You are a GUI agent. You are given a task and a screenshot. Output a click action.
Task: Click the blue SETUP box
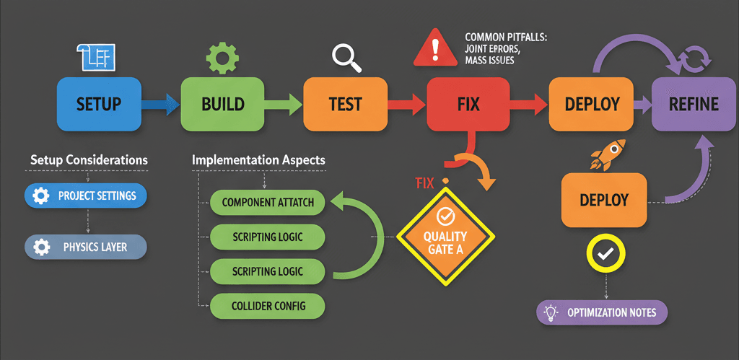click(98, 103)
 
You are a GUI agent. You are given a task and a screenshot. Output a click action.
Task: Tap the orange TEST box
click(345, 103)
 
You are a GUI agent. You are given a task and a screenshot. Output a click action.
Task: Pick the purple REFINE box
click(694, 103)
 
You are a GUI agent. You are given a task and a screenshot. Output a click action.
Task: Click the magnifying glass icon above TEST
click(346, 58)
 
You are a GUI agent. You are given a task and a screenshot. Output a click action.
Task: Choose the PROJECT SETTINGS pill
click(86, 196)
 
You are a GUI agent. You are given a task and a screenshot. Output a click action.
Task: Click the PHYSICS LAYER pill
click(86, 247)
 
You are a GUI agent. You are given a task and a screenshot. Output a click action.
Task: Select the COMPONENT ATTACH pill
click(268, 203)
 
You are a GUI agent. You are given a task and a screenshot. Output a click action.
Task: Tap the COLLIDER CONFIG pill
click(268, 306)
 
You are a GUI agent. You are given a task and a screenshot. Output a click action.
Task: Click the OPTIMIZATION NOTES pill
click(602, 312)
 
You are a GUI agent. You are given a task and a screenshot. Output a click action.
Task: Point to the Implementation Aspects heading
click(258, 159)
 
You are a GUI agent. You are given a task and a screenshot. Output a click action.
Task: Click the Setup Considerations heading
click(89, 159)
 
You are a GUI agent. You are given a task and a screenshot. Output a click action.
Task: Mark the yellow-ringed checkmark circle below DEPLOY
click(605, 253)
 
